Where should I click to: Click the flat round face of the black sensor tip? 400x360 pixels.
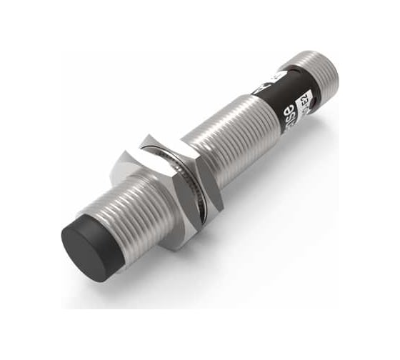tap(89, 251)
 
